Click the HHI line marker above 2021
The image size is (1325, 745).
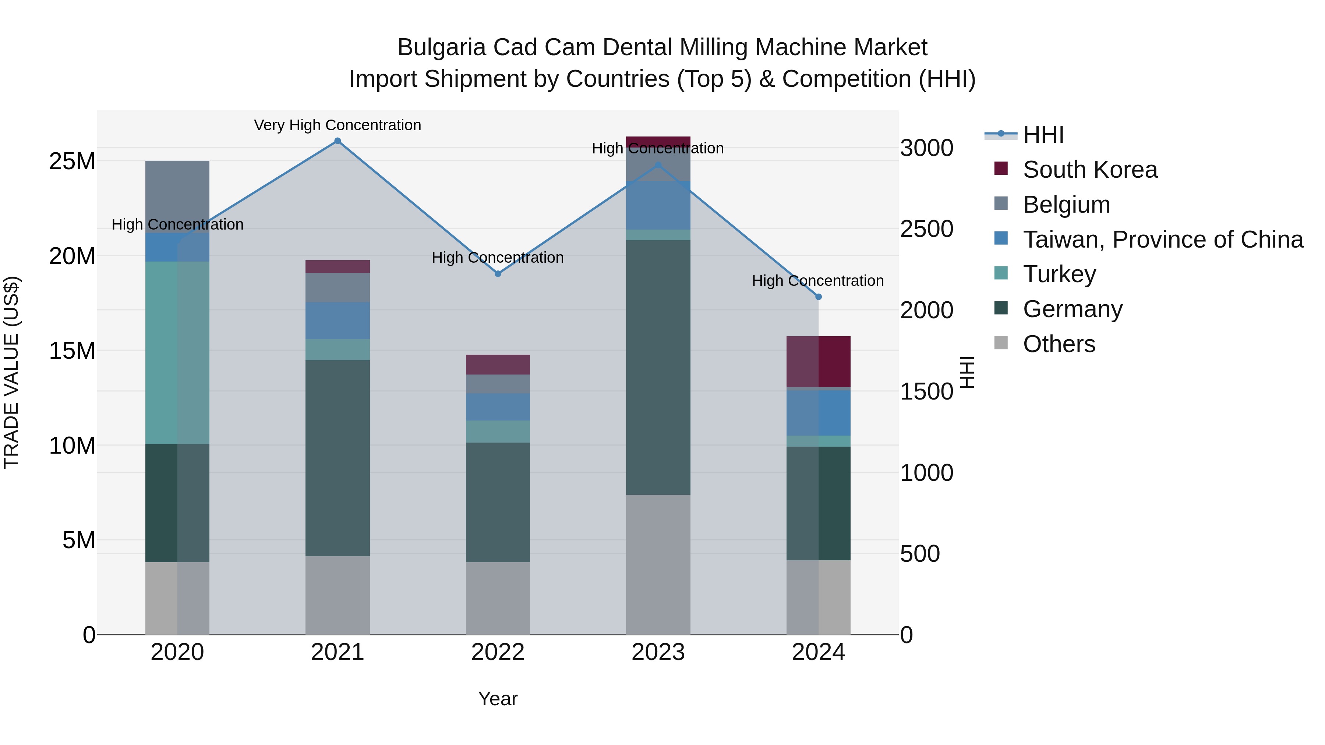(338, 141)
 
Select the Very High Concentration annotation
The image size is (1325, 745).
(338, 125)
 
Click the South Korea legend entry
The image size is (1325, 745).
(1090, 170)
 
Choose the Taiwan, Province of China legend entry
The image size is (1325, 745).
(1162, 240)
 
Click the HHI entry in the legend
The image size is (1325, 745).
(1043, 135)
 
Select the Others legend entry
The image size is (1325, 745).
(1059, 344)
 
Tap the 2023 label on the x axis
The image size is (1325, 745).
(658, 652)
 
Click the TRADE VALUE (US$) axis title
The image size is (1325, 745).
(11, 372)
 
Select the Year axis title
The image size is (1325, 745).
(497, 699)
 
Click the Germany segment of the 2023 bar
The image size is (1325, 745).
(658, 367)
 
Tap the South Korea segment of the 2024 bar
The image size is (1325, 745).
(818, 361)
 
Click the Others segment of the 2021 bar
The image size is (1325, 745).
(338, 595)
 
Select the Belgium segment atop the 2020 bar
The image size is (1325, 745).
(177, 196)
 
